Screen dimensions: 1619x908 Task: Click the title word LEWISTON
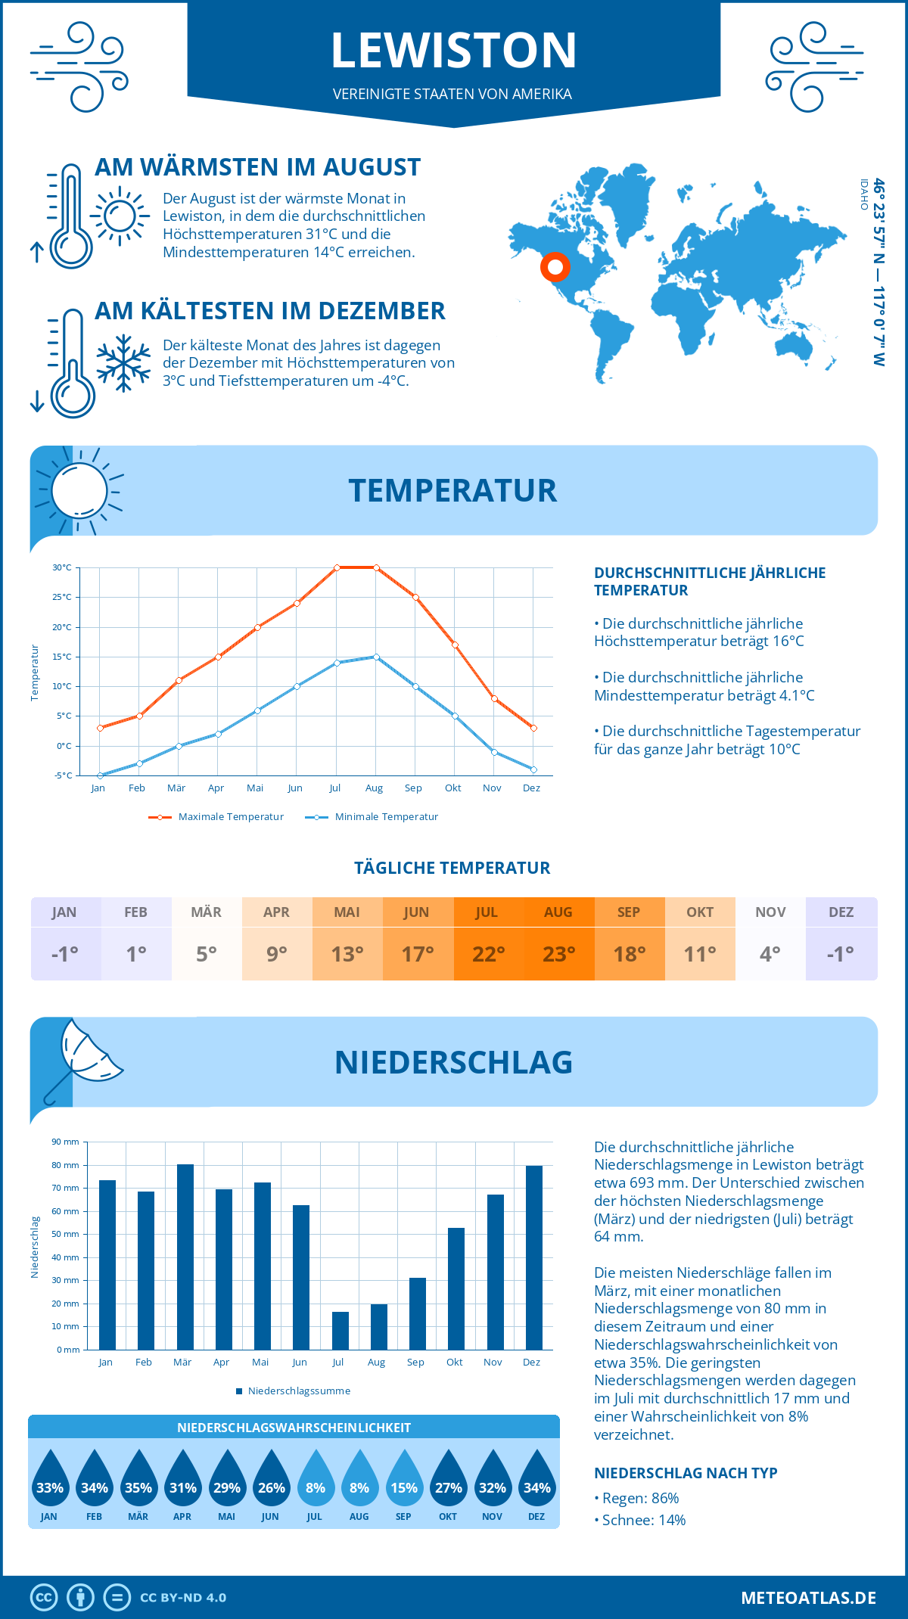454,50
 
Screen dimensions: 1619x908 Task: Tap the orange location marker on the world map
555,267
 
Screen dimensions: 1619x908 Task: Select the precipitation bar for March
185,1257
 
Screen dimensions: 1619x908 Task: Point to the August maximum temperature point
376,567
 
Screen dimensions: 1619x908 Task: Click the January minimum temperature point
100,775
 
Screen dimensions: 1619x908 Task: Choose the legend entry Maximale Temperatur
216,817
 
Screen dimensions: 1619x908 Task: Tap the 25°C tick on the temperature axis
62,597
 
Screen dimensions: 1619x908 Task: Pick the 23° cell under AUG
558,954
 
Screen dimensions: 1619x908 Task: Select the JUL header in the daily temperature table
487,912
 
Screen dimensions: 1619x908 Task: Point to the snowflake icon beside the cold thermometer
123,363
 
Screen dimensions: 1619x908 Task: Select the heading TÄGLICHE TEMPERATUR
452,868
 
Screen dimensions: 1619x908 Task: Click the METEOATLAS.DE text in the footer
808,1598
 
